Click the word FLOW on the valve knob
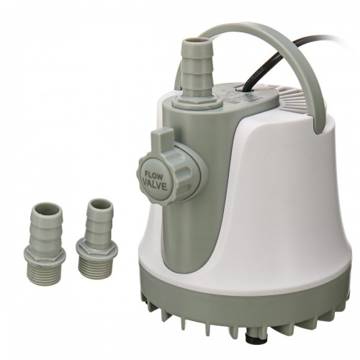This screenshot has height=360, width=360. (156, 176)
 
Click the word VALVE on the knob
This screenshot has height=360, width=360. (155, 186)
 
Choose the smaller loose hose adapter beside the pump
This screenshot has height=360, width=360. (97, 232)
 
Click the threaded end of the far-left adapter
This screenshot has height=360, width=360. (44, 263)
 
